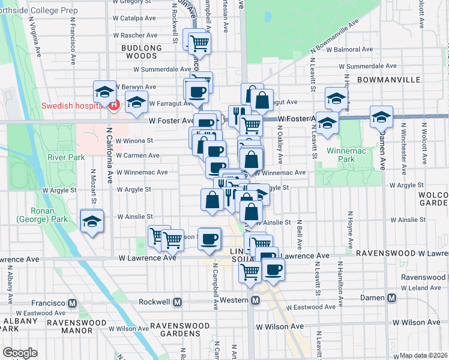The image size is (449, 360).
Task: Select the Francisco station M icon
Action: (73, 302)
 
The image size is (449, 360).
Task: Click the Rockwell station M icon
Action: (177, 302)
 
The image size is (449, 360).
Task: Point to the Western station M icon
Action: (255, 300)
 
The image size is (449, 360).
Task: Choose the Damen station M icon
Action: (392, 298)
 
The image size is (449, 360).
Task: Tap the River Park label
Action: (66, 157)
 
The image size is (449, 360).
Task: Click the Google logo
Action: (20, 353)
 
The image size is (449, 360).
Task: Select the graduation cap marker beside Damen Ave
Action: (381, 116)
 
